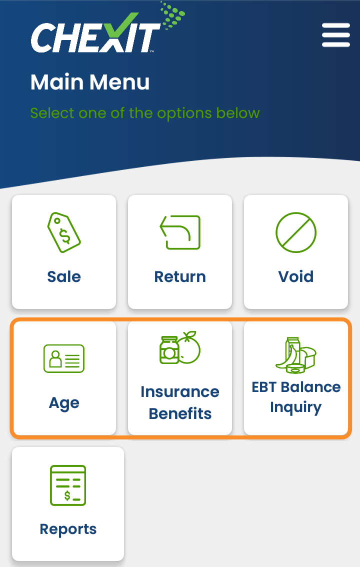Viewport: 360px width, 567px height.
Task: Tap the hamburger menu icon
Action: tap(336, 35)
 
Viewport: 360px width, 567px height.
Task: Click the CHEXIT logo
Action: tap(107, 29)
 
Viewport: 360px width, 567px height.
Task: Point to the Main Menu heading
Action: tap(90, 82)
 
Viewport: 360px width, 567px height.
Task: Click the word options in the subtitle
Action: tap(184, 113)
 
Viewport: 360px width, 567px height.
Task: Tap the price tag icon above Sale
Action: tap(64, 232)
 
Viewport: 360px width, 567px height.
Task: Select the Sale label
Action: tap(64, 276)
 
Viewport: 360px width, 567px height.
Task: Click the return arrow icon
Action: tap(180, 232)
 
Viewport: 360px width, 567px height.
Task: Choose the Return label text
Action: tap(180, 276)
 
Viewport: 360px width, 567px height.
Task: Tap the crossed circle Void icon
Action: tap(296, 232)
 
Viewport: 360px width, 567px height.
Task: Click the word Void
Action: tap(296, 276)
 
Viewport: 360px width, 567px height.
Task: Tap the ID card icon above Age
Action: tap(64, 358)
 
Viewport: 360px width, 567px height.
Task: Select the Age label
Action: tap(64, 403)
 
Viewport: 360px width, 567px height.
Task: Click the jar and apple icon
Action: tap(180, 347)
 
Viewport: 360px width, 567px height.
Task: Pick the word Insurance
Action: tap(180, 391)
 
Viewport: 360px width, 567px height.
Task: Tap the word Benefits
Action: tap(180, 413)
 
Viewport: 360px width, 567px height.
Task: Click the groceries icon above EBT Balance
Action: tap(296, 354)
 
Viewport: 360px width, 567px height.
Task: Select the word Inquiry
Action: tap(296, 407)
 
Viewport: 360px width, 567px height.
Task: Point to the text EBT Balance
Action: tap(296, 387)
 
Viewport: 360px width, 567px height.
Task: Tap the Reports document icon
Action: tap(68, 485)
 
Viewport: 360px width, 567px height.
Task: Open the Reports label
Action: tap(68, 529)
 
